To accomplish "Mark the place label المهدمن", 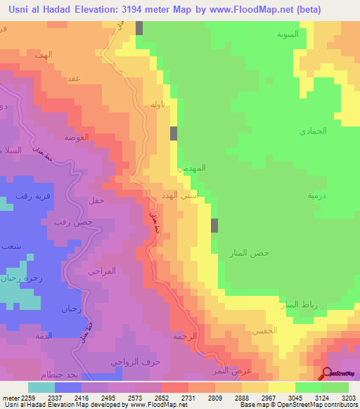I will [x=193, y=169].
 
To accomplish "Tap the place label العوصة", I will [x=76, y=137].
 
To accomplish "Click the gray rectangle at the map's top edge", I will [x=139, y=27].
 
